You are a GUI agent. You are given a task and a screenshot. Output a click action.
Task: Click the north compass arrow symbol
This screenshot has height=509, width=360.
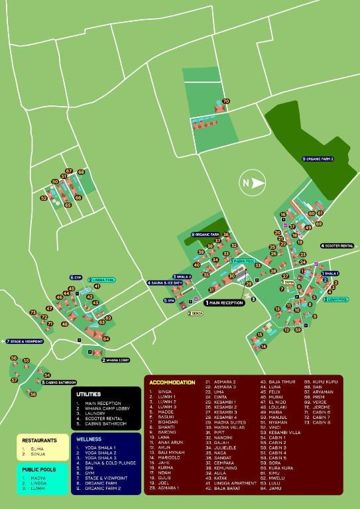pyautogui.click(x=251, y=183)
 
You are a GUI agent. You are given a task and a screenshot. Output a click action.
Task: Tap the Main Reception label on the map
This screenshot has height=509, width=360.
pyautogui.click(x=225, y=302)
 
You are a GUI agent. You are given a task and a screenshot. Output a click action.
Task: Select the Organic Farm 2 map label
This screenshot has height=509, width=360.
pyautogui.click(x=318, y=159)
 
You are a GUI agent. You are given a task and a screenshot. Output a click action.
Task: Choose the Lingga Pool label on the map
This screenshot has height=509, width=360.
pyautogui.click(x=102, y=280)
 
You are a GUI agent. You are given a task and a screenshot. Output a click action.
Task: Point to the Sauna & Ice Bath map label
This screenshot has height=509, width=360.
pyautogui.click(x=165, y=283)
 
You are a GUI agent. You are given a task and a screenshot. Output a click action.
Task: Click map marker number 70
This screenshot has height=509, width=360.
pyautogui.click(x=226, y=101)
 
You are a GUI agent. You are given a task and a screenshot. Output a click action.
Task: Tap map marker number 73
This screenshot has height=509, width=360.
pyautogui.click(x=32, y=312)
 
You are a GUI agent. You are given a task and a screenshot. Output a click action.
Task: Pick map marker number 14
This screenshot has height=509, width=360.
pyautogui.click(x=263, y=346)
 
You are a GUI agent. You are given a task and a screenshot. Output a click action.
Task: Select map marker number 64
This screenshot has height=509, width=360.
pyautogui.click(x=106, y=339)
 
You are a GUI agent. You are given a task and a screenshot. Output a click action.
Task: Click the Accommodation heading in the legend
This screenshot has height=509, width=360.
pyautogui.click(x=172, y=382)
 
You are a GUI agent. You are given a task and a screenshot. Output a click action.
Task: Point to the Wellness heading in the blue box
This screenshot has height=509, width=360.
pyautogui.click(x=89, y=439)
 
